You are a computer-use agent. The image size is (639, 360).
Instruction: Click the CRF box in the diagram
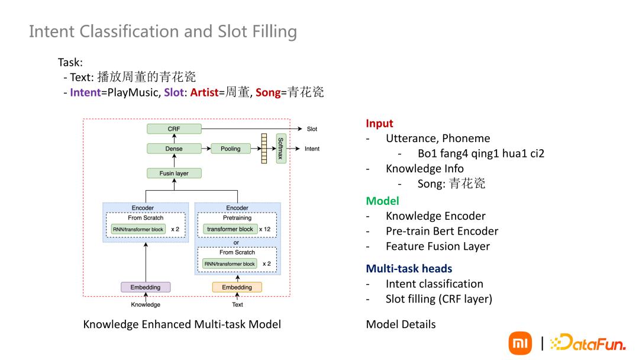coord(174,129)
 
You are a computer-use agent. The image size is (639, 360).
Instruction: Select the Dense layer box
coord(174,149)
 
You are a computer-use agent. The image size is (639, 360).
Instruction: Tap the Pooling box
coord(231,149)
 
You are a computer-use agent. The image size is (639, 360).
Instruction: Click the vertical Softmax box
coord(281,148)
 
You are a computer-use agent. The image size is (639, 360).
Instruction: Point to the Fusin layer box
coord(174,173)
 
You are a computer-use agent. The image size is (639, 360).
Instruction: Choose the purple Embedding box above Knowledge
coord(146,287)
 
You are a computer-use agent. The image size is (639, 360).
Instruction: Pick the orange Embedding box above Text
coord(237,287)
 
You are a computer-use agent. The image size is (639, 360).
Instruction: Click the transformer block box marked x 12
coord(230,229)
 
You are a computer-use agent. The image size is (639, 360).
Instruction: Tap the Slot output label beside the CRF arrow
coord(312,129)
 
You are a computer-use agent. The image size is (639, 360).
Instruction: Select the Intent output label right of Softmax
coord(312,149)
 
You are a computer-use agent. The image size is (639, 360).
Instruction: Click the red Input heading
coord(379,124)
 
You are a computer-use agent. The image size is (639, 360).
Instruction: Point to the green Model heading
coord(382,201)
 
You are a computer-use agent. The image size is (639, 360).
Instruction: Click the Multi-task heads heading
coord(409,269)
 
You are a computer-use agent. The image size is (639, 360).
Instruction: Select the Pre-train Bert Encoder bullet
coord(441,232)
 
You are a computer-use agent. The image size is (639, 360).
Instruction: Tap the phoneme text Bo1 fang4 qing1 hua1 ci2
coord(480,154)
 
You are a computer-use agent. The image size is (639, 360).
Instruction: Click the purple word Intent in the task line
coord(85,93)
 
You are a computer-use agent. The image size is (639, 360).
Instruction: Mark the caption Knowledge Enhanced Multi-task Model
coord(182,324)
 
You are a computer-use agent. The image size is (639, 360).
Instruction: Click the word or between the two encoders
coord(236,243)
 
